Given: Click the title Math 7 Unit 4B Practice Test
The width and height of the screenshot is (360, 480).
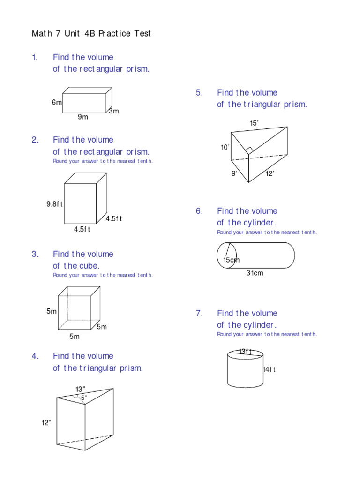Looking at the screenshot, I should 91,34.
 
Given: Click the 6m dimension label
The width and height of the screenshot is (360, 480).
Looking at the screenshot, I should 57,102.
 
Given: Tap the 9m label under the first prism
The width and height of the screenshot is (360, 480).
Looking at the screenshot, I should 83,117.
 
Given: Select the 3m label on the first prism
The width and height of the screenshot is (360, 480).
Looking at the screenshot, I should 114,111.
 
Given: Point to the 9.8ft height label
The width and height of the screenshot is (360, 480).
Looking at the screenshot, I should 54,204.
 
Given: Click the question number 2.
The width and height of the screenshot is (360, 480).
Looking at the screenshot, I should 35,140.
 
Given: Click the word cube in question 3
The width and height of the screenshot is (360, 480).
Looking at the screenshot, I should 91,266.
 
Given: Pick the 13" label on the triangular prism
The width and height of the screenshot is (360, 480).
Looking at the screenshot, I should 80,389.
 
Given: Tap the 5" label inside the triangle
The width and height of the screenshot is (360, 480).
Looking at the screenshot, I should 84,398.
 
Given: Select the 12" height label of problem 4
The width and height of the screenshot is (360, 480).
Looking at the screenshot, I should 46,423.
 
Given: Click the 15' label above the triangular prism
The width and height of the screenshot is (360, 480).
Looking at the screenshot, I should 254,123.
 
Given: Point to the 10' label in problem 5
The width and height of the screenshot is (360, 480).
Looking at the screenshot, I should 225,147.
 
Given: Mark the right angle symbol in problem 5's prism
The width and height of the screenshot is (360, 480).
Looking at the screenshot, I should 249,150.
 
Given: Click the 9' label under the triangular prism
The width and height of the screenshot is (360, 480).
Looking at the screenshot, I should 234,173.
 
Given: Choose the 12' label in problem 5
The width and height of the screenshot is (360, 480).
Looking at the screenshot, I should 270,173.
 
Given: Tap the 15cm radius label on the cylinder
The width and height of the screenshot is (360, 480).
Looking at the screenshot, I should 231,260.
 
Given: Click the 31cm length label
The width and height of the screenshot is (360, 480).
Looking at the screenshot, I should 255,273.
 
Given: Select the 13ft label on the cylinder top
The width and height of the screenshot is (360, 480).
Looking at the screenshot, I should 246,351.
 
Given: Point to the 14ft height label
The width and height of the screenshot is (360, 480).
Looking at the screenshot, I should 269,369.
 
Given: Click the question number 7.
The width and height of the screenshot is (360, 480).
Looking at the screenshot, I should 199,313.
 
